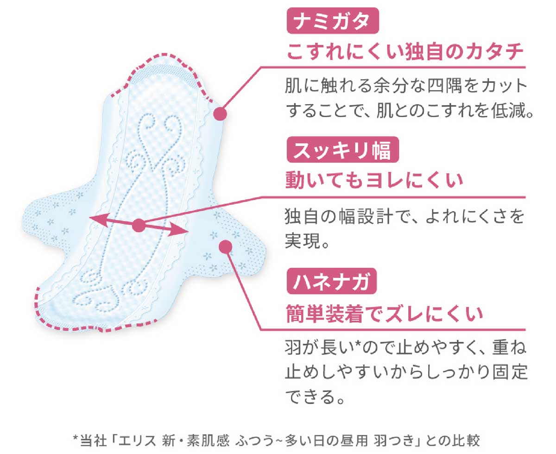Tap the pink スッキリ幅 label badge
tap(342, 150)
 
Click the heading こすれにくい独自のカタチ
tap(405, 51)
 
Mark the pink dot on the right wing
tap(226, 246)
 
